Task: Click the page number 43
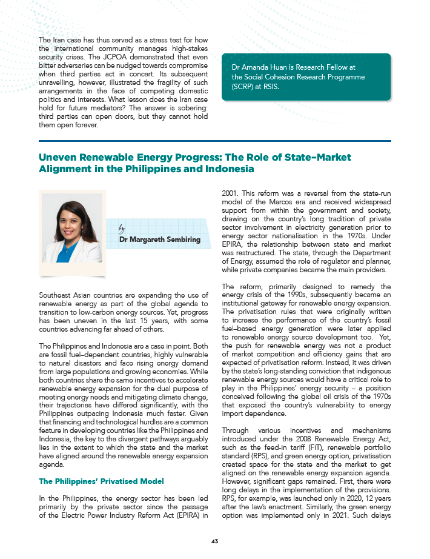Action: click(x=215, y=541)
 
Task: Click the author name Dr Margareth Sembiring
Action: click(x=160, y=239)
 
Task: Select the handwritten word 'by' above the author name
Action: click(x=122, y=228)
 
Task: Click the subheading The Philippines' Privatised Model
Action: click(x=101, y=481)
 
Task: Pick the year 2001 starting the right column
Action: click(x=231, y=193)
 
